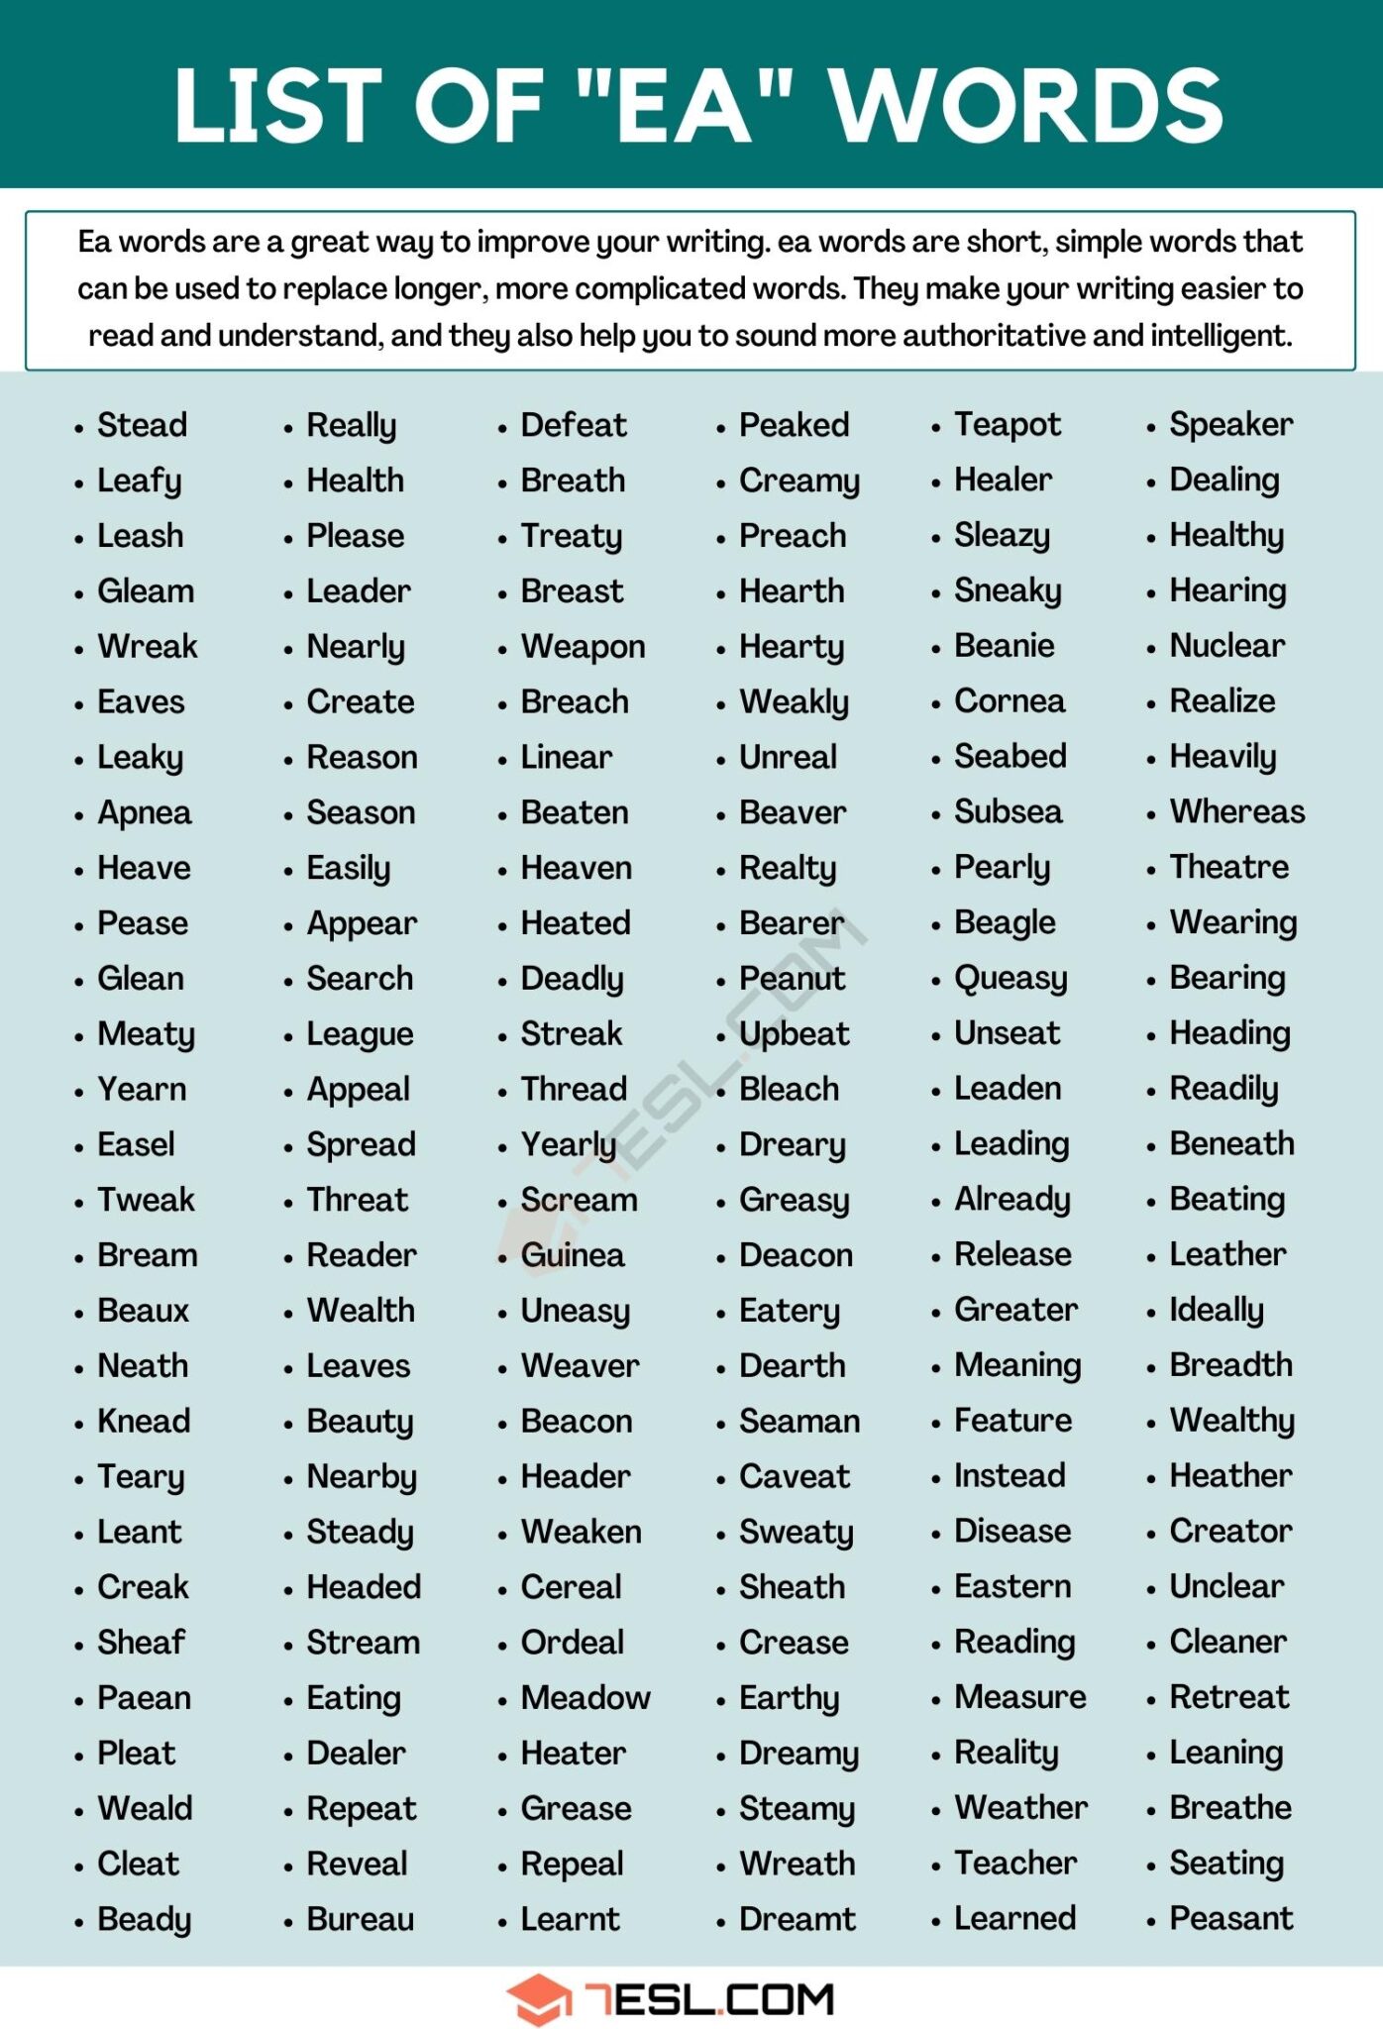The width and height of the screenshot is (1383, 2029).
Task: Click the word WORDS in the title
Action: point(1026,105)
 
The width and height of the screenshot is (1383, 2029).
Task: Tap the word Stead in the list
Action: point(142,425)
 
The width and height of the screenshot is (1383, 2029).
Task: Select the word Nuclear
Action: point(1226,646)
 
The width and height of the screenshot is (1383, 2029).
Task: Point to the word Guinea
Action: point(573,1255)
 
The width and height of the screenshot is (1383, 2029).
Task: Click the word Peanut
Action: point(792,979)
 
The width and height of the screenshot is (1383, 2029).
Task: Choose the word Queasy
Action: point(1011,979)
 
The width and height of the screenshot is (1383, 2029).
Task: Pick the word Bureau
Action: point(360,1919)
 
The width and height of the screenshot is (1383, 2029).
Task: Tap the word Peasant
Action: point(1230,1918)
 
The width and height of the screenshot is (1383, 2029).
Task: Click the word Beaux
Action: point(143,1311)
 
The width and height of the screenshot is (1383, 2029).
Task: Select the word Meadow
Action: point(585,1697)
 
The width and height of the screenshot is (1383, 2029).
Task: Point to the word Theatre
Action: point(1228,867)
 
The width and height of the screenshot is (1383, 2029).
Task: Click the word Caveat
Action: point(795,1476)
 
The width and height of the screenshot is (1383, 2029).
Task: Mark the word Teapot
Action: point(1007,425)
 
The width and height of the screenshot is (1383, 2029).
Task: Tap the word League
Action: point(360,1034)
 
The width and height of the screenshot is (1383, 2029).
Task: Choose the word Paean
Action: point(144,1697)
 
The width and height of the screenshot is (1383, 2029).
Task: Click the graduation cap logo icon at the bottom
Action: point(539,1998)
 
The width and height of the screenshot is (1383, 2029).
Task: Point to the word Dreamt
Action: point(797,1919)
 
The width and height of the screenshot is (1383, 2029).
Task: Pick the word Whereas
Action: point(1236,811)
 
